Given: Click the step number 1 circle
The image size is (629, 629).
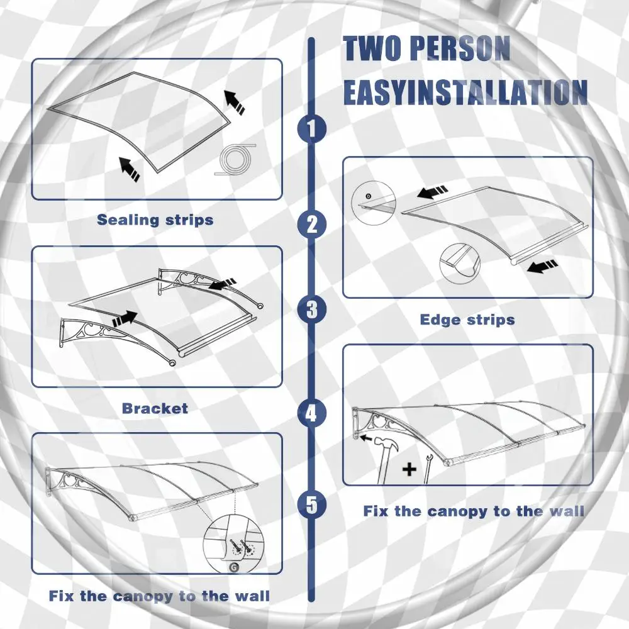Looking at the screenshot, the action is tap(312, 128).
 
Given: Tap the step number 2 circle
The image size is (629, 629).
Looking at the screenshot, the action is tap(312, 224).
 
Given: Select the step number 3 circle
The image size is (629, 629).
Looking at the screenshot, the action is tap(312, 309).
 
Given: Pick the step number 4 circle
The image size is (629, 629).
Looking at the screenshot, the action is tap(312, 413).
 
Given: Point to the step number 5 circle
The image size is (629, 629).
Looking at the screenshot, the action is tap(312, 504).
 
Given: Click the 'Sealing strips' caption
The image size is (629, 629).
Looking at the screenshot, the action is tap(155, 220).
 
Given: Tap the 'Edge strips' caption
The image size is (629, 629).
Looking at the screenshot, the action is tap(467, 320).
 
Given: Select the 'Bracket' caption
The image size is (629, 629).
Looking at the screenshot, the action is tap(155, 408).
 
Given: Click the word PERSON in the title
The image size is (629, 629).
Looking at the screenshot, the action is tap(460, 48).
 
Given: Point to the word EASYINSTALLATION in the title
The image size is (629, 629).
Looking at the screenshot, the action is tap(465, 92).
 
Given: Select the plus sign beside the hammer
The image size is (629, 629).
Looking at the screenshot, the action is tap(409, 469).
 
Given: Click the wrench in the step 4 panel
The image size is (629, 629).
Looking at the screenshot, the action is tap(427, 469).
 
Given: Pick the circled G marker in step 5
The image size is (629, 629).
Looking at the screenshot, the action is tap(232, 567).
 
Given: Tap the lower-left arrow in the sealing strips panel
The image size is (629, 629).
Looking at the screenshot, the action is tap(130, 169).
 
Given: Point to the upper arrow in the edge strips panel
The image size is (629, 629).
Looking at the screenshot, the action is tap(432, 192).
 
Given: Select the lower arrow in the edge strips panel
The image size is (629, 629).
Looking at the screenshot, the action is tap(542, 266).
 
